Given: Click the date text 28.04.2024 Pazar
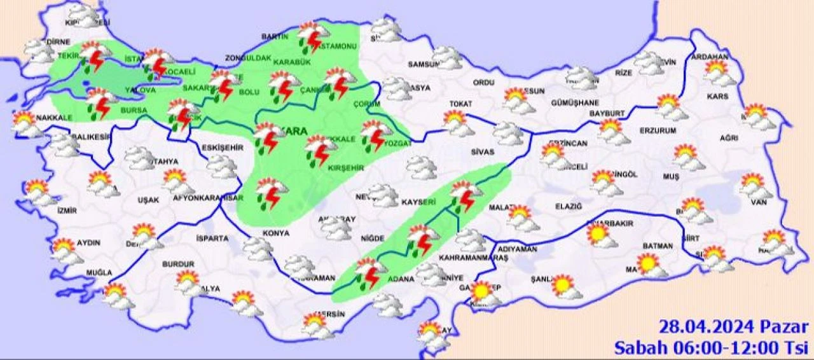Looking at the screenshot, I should [733, 328].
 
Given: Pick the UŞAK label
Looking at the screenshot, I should [148, 200].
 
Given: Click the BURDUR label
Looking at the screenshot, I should [178, 263].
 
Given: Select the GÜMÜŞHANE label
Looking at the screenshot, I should [575, 103].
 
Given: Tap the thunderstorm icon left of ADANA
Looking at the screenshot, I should [368, 272].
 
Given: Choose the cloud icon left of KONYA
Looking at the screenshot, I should [258, 248].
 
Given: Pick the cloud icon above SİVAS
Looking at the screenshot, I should [508, 133].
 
